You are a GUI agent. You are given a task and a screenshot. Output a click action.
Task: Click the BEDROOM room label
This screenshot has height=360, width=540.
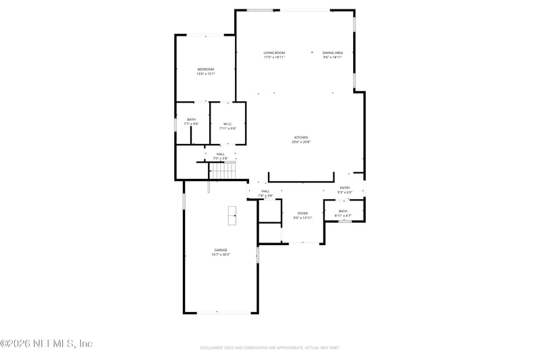(206, 69)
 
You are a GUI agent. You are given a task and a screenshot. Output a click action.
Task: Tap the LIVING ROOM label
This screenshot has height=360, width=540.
(274, 53)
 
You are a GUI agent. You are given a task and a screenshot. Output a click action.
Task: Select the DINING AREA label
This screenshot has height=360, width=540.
(332, 53)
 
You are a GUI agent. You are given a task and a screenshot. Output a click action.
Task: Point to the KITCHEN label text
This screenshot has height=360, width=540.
(300, 137)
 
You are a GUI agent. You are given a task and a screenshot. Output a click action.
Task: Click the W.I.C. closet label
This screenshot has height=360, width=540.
(228, 124)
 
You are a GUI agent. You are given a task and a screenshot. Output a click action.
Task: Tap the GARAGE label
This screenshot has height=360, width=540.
(221, 250)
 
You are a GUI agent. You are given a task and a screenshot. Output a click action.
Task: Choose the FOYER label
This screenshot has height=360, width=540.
(302, 213)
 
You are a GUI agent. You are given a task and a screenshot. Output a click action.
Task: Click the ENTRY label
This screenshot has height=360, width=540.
(345, 188)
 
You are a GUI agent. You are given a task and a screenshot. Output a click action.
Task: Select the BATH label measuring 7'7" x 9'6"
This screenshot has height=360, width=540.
(192, 120)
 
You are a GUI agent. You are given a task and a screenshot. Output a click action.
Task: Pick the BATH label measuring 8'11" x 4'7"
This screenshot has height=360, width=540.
(343, 211)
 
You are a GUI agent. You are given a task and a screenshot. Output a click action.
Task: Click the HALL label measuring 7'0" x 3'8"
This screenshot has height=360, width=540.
(220, 154)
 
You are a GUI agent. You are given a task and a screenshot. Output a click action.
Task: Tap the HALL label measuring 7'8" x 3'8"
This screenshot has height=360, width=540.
(265, 191)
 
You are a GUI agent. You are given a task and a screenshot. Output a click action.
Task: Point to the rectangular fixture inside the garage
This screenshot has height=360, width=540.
(232, 215)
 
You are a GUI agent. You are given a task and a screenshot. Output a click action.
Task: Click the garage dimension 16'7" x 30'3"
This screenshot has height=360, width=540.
(221, 255)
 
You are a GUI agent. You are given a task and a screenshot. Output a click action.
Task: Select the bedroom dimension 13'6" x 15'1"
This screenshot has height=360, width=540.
(206, 74)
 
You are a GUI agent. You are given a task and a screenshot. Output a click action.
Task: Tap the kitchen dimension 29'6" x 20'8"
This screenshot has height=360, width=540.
(300, 142)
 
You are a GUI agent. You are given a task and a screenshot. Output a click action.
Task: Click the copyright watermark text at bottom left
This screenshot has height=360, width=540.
(46, 344)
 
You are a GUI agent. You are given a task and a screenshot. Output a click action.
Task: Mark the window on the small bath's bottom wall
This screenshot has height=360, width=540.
(345, 221)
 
